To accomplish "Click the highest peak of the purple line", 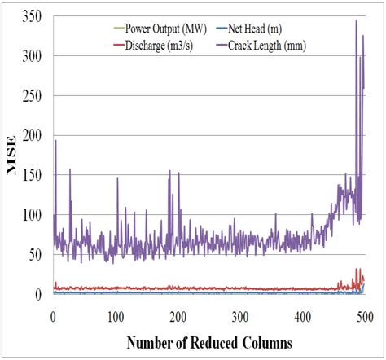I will pos(356,20).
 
